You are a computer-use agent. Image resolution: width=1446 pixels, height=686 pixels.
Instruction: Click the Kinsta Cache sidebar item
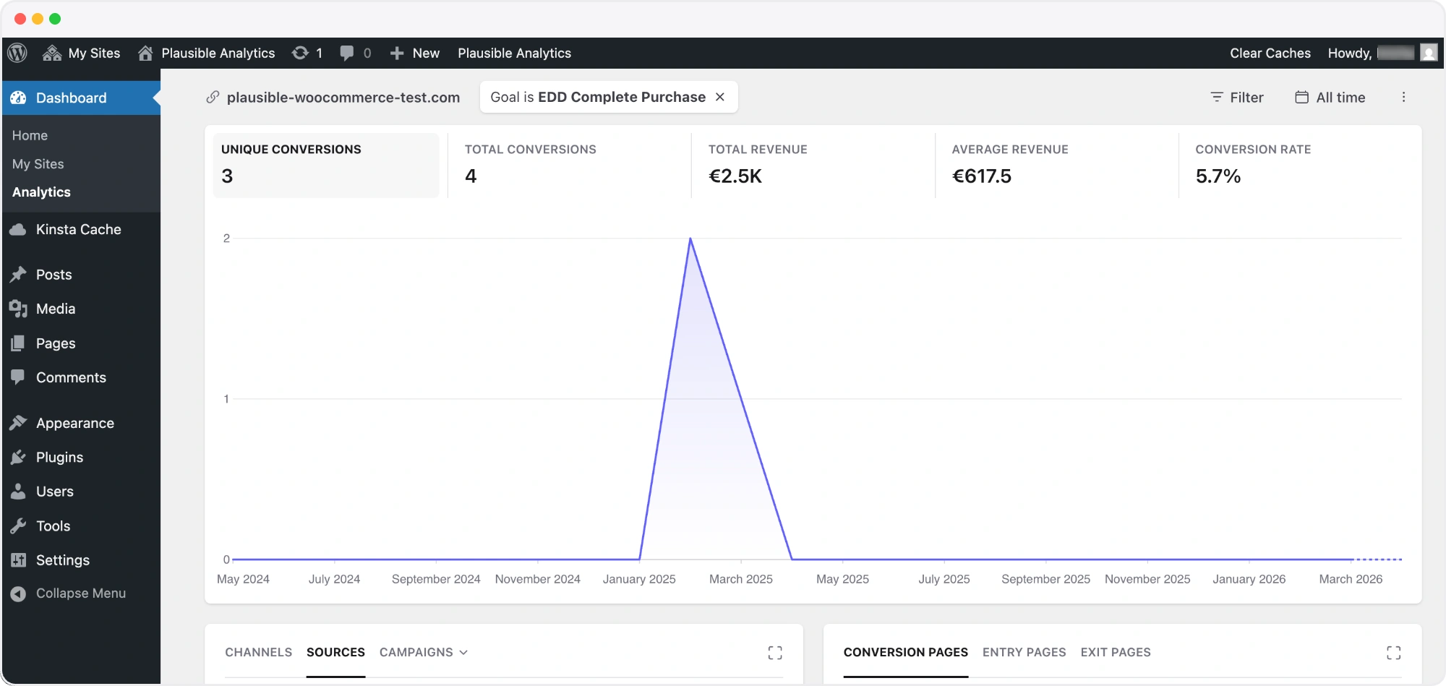coord(78,229)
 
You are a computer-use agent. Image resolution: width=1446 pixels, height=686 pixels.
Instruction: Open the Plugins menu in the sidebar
coord(59,457)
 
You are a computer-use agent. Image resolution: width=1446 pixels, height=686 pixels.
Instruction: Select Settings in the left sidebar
coord(62,560)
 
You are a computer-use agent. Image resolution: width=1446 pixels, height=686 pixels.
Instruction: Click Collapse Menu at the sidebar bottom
coord(80,593)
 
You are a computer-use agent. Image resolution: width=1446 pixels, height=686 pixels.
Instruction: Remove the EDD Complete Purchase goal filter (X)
coord(720,97)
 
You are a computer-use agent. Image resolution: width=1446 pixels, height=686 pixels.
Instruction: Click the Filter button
coord(1237,98)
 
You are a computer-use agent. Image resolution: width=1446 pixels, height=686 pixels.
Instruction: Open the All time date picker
coord(1330,98)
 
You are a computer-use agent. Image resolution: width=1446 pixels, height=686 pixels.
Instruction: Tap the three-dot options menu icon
coord(1403,98)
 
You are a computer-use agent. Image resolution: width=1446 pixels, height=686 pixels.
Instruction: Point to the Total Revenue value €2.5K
coord(735,176)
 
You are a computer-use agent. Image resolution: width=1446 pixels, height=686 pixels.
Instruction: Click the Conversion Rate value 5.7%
coord(1218,176)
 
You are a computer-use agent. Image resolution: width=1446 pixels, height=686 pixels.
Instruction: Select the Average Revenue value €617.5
coord(982,176)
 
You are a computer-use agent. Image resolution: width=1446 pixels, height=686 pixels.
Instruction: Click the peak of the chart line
coord(690,239)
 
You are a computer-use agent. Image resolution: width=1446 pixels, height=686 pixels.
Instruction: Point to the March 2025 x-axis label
coord(741,579)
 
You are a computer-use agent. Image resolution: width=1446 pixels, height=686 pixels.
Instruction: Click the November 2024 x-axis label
coord(538,579)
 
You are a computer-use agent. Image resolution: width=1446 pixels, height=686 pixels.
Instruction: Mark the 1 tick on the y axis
coord(226,399)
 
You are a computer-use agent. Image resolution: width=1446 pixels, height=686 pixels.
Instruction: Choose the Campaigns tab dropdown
coord(424,652)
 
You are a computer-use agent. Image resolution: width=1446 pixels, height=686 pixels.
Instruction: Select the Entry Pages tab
coord(1024,652)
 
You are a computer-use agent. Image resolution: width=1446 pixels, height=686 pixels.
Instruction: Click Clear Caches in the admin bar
coord(1270,53)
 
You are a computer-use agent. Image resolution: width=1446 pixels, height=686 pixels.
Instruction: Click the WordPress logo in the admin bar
coord(17,53)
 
